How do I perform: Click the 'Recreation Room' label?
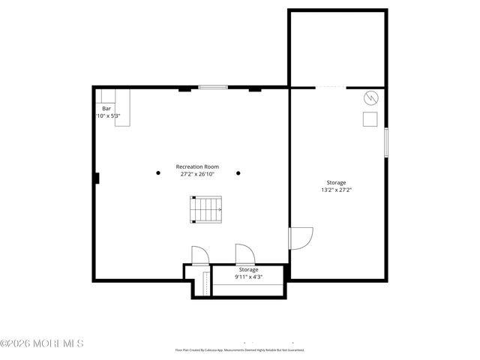197,166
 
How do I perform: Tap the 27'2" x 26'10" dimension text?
197,174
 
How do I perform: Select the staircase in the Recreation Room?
205,209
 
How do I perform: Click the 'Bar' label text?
106,109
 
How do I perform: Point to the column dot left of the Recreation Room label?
158,173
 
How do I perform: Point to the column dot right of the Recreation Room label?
238,173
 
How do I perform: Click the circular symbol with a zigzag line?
370,97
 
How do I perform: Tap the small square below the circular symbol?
370,119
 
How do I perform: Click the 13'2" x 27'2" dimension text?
336,190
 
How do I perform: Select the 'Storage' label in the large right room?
336,182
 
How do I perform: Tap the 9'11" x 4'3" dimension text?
248,277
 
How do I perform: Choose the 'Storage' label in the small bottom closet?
248,269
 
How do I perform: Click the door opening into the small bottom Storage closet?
244,255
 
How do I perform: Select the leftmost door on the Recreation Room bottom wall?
200,256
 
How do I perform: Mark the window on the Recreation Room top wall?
213,88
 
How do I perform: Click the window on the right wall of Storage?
386,142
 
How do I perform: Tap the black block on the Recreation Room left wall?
96,178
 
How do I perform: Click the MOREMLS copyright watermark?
42,343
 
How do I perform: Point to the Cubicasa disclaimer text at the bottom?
240,349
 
